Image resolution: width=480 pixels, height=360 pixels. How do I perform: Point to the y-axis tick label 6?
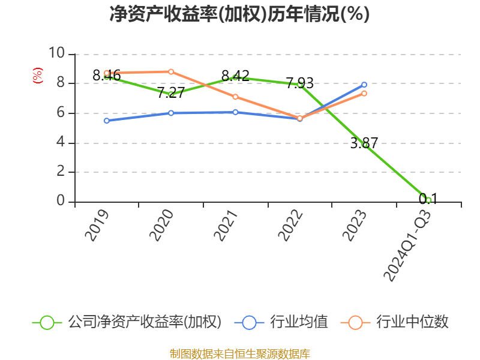(x=60, y=113)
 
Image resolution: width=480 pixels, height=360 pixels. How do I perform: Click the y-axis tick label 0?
(x=60, y=201)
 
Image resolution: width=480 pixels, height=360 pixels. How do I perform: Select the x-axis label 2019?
(x=97, y=225)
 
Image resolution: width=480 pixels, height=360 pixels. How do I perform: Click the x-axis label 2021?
(x=226, y=225)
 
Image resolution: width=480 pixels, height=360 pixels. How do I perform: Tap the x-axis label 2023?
(x=355, y=225)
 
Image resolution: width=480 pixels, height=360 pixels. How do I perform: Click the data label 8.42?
(x=235, y=76)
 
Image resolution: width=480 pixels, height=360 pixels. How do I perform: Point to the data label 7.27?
(x=171, y=93)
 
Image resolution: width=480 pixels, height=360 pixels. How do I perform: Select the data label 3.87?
(x=364, y=143)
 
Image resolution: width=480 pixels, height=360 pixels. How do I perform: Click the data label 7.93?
(x=299, y=83)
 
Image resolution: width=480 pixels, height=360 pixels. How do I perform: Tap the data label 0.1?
(x=428, y=199)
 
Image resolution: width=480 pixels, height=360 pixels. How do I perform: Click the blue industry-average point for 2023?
(x=364, y=85)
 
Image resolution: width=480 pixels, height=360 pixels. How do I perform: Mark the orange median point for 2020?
(x=171, y=71)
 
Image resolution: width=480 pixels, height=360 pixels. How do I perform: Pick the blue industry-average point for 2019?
(x=107, y=121)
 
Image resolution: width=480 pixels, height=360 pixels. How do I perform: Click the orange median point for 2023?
(x=364, y=94)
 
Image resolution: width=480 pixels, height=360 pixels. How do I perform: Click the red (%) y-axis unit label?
(x=37, y=76)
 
